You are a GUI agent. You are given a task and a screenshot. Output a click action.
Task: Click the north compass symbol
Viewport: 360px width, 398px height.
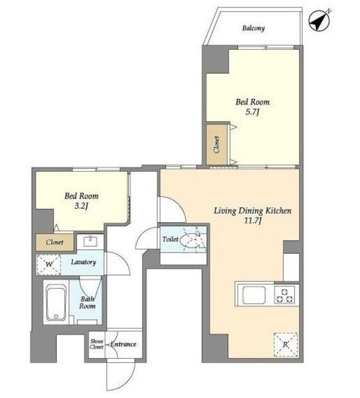[319, 21]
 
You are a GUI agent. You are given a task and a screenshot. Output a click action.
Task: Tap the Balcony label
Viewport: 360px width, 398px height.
[253, 28]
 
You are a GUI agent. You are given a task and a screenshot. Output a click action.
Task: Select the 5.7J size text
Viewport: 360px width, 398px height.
[252, 112]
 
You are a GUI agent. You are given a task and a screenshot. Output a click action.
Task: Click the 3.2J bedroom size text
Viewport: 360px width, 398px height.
[81, 206]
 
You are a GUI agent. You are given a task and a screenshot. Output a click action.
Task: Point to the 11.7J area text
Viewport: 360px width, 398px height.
[252, 221]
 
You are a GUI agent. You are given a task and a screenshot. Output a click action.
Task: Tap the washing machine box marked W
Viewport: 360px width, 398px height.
[48, 265]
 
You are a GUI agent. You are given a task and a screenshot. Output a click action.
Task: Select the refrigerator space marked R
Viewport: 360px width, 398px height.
[285, 345]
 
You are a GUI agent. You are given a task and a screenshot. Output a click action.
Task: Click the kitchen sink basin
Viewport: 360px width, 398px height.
[254, 295]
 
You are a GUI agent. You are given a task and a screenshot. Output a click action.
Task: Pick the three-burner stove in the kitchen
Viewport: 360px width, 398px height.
[284, 295]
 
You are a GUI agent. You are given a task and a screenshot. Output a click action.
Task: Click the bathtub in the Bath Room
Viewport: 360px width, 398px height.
[56, 303]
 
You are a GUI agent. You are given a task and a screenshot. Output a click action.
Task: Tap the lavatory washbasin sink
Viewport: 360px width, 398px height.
[90, 241]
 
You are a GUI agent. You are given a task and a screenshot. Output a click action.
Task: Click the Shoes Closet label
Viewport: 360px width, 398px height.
[96, 344]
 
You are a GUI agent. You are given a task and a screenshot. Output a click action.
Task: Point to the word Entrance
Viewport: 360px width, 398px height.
[123, 344]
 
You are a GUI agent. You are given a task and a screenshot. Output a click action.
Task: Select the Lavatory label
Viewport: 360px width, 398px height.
[83, 262]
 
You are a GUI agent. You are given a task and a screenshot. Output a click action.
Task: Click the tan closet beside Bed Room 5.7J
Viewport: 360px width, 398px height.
[216, 144]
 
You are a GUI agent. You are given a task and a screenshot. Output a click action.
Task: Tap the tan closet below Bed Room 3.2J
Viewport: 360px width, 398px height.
[55, 242]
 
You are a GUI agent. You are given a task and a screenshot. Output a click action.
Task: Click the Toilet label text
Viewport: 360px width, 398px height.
[170, 239]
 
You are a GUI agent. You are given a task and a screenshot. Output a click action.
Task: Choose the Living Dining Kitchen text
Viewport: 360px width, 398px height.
[252, 211]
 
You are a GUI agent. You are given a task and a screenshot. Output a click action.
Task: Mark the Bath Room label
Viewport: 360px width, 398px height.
[87, 303]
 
